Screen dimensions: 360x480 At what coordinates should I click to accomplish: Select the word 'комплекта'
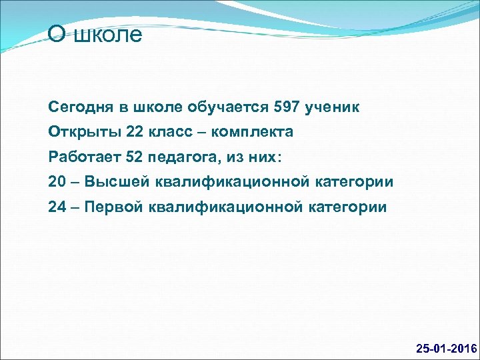coord(255,132)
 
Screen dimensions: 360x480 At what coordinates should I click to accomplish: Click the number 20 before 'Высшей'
coord(57,182)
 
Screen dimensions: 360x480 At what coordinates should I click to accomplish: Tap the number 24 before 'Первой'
coord(57,207)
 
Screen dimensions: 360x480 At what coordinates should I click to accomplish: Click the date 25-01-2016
coord(446,349)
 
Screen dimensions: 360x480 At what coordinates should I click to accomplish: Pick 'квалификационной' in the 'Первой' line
coord(226,207)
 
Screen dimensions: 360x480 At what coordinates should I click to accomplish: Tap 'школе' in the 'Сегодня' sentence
coord(158,107)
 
